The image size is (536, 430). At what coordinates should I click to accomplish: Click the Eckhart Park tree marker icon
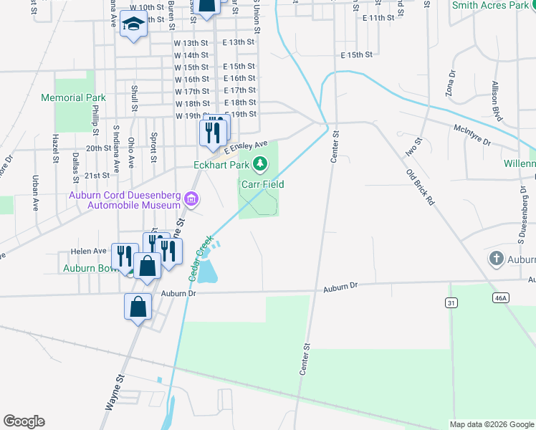(260, 166)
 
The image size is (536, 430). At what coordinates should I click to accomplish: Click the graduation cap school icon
(133, 26)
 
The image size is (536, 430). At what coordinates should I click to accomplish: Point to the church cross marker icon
(496, 259)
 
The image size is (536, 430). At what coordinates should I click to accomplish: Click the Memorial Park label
(73, 97)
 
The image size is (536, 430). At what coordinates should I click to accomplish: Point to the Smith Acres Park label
(490, 6)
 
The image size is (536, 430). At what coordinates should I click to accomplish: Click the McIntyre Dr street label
(472, 136)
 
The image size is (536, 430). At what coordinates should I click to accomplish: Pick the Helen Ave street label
(88, 251)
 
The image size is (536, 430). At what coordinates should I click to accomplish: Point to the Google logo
(24, 421)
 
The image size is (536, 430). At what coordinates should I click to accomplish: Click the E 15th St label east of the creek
(356, 54)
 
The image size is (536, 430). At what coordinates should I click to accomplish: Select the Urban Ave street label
(35, 193)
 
